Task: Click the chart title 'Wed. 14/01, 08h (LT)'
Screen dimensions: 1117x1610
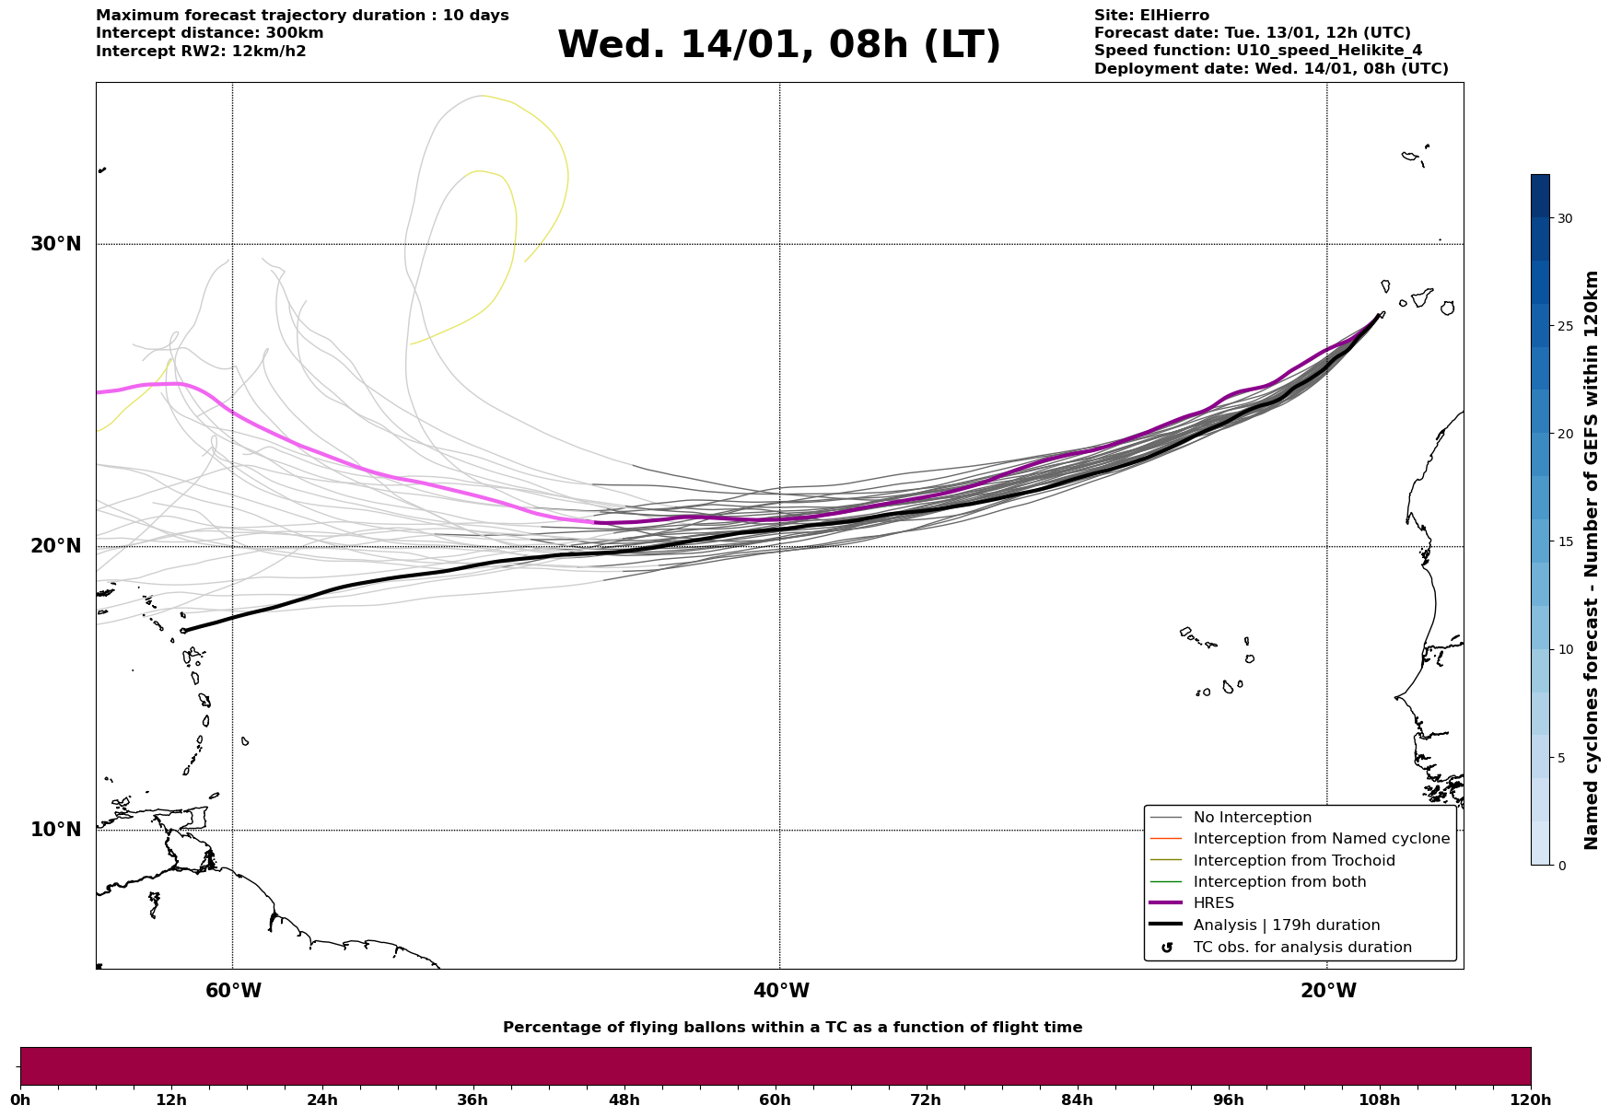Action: coord(778,45)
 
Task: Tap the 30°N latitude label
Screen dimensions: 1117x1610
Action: coord(56,244)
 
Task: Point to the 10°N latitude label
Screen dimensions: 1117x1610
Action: coord(56,830)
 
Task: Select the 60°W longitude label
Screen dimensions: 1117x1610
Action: coord(233,991)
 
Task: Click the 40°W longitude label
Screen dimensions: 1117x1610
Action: coord(781,991)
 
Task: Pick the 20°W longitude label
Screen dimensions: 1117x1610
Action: coord(1328,991)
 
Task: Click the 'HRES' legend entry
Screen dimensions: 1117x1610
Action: coord(1213,903)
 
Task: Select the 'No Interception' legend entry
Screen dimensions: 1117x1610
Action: coord(1252,818)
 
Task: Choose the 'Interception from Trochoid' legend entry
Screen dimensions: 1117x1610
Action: coord(1293,861)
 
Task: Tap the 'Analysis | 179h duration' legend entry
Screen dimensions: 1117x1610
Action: coord(1286,925)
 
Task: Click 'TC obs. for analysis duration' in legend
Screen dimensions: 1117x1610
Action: coord(1301,948)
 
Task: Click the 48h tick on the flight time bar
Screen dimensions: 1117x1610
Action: coord(624,1100)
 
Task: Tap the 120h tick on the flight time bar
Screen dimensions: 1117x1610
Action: coord(1531,1100)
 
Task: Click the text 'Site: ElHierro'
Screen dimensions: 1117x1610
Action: coord(1151,16)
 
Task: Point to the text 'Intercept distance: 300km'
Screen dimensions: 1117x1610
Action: coord(209,33)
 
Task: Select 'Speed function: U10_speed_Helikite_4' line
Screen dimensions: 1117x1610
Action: coord(1258,51)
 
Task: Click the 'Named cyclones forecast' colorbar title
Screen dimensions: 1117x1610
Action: coord(1591,560)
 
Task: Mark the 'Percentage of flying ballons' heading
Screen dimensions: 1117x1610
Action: coord(792,1028)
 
